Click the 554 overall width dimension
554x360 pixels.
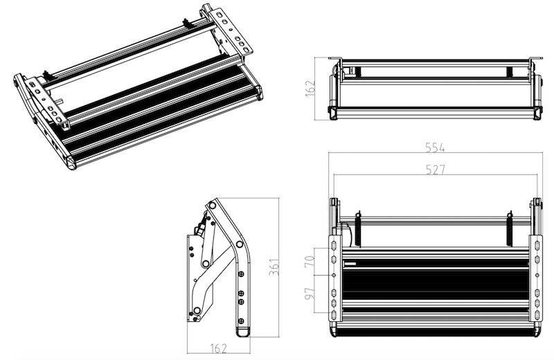(x=435, y=147)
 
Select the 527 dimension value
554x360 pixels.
(x=435, y=170)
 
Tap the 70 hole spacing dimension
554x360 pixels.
(x=309, y=262)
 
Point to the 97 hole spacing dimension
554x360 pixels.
(x=309, y=294)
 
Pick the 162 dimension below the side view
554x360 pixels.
(x=218, y=348)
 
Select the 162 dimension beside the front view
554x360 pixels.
(x=310, y=89)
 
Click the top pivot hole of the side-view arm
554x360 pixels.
(x=212, y=205)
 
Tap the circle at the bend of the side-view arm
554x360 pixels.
(x=239, y=244)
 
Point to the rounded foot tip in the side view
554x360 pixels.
(x=242, y=332)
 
